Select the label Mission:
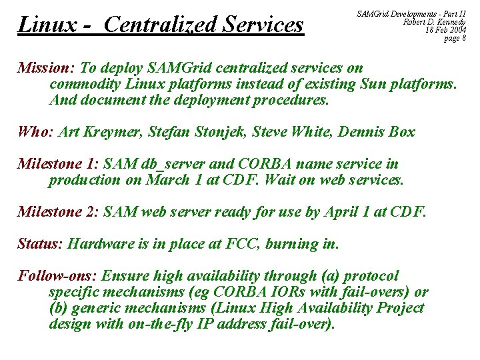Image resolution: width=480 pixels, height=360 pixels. (46, 68)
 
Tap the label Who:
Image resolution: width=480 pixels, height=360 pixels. (35, 132)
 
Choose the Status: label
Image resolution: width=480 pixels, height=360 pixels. (40, 244)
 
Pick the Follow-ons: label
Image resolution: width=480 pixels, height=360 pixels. (58, 276)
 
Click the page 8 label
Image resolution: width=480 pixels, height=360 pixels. (455, 38)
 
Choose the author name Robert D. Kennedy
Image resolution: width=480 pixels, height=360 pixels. (435, 22)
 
